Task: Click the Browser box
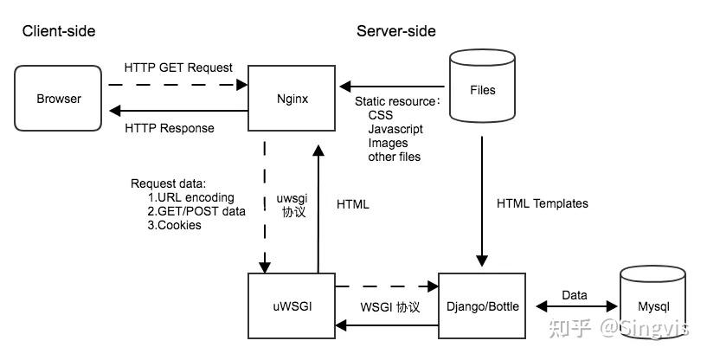point(59,99)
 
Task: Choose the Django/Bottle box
point(483,305)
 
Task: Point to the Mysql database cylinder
point(653,305)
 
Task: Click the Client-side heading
point(59,32)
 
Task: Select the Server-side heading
point(396,32)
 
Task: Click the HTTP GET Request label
point(178,67)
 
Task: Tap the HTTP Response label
point(170,128)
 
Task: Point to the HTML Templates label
point(543,203)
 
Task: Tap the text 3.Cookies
point(175,225)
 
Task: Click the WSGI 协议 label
point(389,307)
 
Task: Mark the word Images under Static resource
point(388,143)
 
